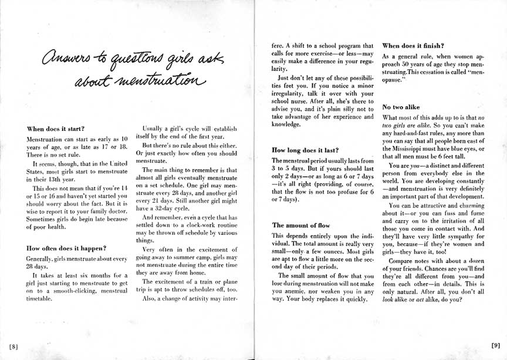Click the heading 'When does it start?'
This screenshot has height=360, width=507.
56,128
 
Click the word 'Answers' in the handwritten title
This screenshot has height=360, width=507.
64,59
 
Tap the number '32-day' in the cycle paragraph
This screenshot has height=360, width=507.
167,207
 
